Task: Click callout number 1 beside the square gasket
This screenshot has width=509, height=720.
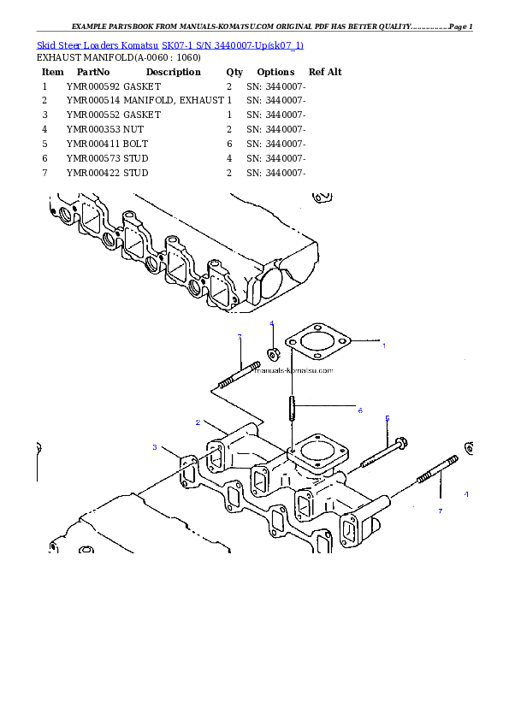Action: point(383,345)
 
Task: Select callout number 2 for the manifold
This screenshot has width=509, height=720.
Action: point(198,422)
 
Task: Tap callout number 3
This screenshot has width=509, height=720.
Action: point(155,447)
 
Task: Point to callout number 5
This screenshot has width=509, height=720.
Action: point(388,418)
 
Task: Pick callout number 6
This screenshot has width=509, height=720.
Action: point(360,410)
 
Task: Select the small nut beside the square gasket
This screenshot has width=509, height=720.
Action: point(273,353)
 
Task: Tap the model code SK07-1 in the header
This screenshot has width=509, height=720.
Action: point(177,44)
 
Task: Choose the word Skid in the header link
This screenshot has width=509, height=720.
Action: point(46,44)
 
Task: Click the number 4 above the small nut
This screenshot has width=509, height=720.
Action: point(271,324)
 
